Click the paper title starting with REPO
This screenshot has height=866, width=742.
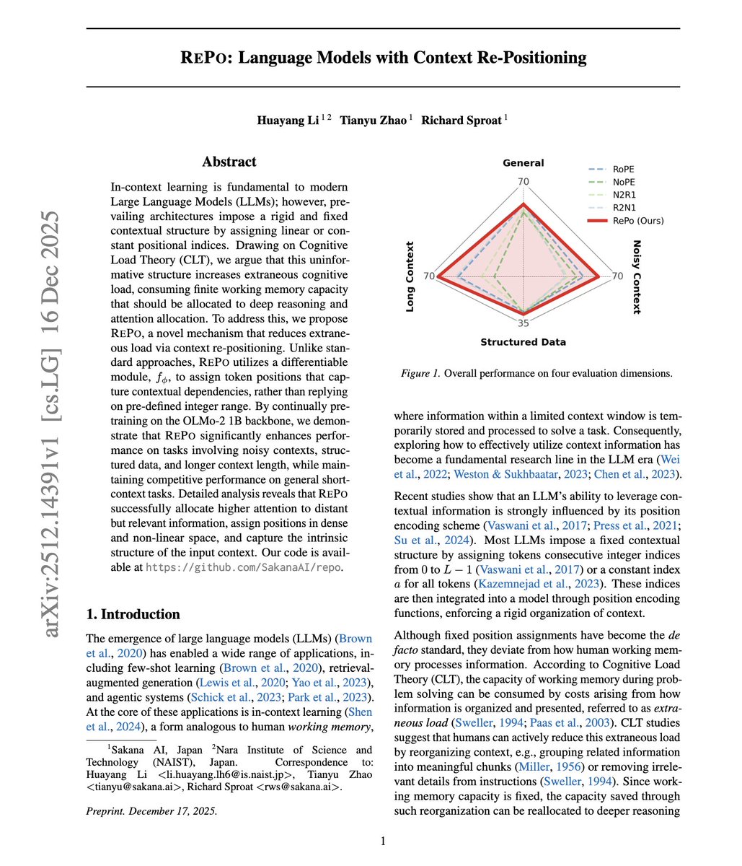(x=383, y=58)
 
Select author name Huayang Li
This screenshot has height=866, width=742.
(x=287, y=121)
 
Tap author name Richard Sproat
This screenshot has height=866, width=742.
(x=461, y=121)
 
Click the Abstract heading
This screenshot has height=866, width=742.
(x=229, y=162)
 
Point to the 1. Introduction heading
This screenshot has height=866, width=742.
(x=133, y=614)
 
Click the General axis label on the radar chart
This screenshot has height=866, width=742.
(x=523, y=163)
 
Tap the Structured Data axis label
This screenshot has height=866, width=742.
(x=523, y=342)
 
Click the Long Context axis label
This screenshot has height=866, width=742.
(x=410, y=276)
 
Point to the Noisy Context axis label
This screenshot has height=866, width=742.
(x=636, y=277)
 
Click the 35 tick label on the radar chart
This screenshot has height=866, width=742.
(x=524, y=323)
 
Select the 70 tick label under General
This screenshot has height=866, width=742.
(x=524, y=181)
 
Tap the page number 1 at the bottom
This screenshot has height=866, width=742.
(x=383, y=841)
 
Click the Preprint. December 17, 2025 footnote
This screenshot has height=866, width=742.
(x=151, y=810)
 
